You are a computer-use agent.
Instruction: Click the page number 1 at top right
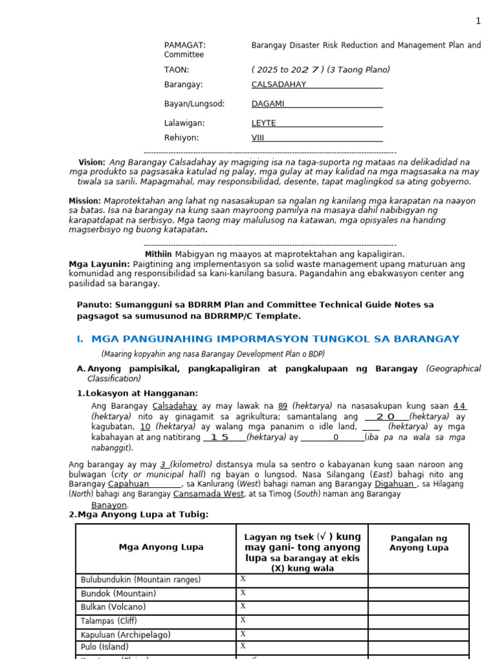point(478,21)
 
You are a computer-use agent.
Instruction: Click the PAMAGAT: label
point(185,45)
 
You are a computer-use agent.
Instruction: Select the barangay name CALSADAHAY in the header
point(278,84)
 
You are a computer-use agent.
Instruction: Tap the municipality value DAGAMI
point(267,104)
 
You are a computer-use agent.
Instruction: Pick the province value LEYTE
point(264,123)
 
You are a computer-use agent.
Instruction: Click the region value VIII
point(258,138)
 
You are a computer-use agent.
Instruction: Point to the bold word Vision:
point(92,162)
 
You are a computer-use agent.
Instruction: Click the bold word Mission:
point(84,201)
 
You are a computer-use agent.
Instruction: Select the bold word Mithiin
point(158,254)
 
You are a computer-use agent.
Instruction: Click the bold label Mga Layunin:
point(99,264)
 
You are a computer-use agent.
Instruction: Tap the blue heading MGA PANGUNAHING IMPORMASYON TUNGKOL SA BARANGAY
point(275,339)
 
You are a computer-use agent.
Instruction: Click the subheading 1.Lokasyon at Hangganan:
point(137,393)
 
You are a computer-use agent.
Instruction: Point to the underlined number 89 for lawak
point(282,406)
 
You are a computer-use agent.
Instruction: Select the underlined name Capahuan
point(128,484)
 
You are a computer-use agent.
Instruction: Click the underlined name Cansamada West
point(209,494)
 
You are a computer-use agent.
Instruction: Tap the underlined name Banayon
point(109,505)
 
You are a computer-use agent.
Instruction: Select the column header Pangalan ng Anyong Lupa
point(418,543)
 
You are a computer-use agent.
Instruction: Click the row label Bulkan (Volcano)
point(113,607)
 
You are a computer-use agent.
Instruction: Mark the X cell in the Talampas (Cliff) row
point(243,620)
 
